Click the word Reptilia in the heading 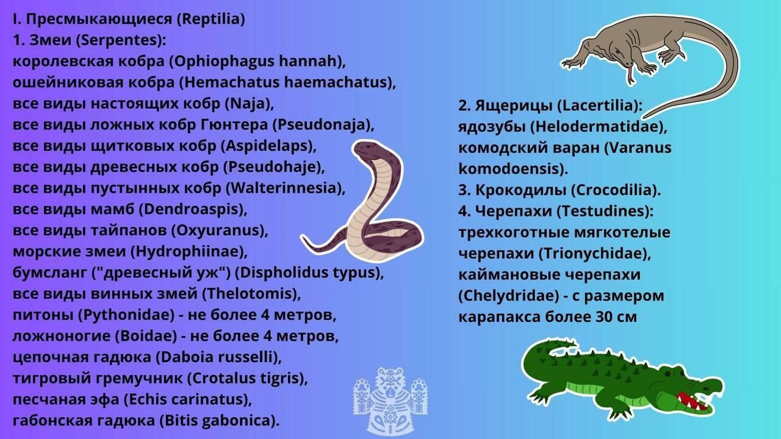coord(211,19)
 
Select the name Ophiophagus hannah coord(257,62)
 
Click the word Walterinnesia coord(283,188)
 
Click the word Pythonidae coord(126,315)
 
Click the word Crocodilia coord(614,190)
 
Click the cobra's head coord(370,151)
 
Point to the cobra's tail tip coord(304,238)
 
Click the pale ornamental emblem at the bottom coord(390,401)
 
